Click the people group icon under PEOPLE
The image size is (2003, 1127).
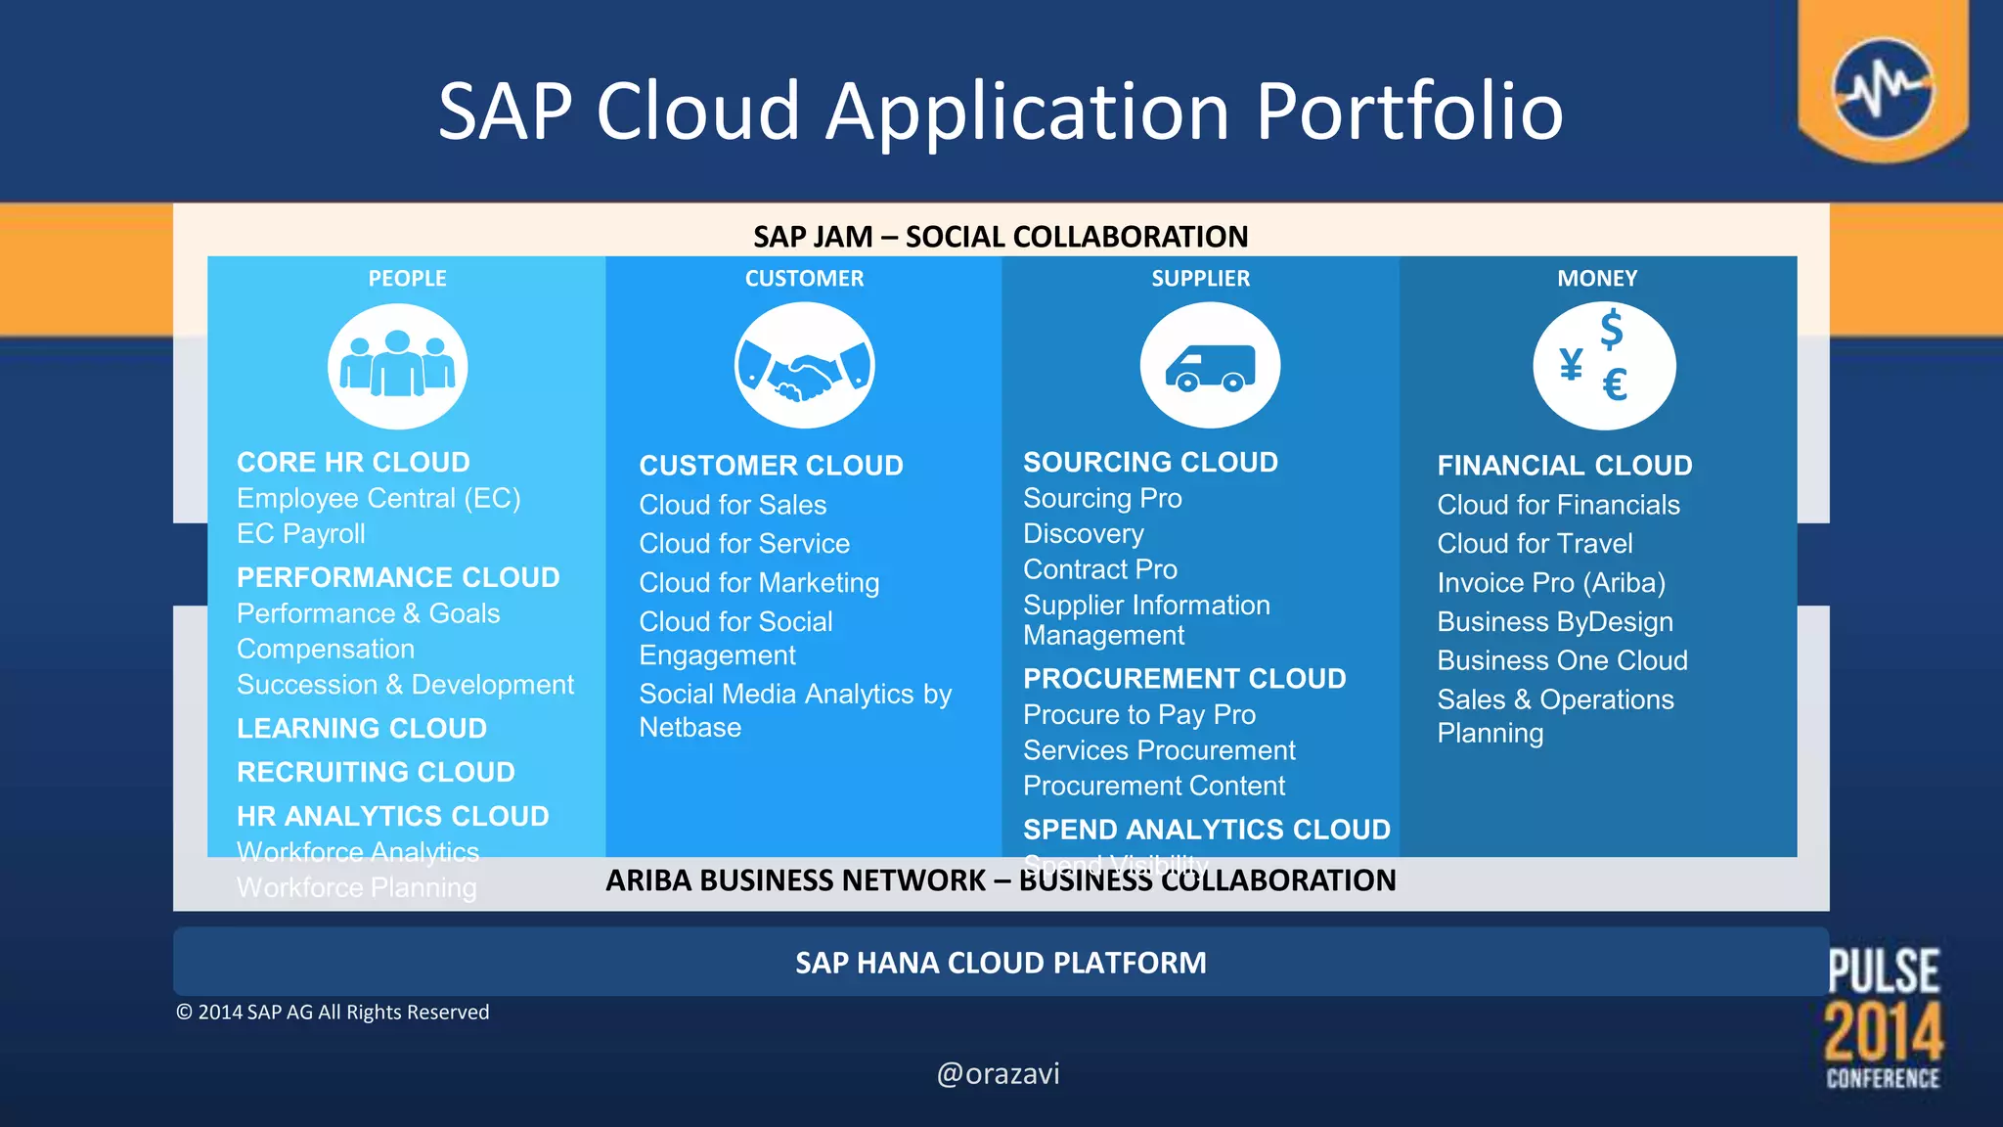[397, 366]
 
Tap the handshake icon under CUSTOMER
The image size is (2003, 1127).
[804, 366]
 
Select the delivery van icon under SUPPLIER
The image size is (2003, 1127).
[1210, 366]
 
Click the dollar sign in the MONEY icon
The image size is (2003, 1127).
[1611, 329]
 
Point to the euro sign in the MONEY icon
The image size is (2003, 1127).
[1615, 384]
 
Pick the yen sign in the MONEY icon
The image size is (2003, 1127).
[1571, 364]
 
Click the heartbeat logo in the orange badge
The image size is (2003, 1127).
[1883, 88]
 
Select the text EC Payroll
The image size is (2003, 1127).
[301, 534]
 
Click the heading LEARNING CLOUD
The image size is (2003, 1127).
[362, 729]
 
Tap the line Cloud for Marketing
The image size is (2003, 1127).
[759, 583]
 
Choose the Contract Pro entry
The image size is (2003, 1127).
[1100, 569]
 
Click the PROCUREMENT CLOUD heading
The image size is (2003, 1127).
[1184, 678]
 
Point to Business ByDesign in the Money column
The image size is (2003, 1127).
[1555, 622]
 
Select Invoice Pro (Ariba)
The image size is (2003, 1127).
[1551, 583]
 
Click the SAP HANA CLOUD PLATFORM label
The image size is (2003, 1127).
[1001, 963]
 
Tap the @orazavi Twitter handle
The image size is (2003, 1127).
[999, 1074]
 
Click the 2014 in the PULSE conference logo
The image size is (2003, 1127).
[1884, 1031]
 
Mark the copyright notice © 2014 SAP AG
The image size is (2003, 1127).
[333, 1013]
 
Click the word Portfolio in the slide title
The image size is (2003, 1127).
[1409, 112]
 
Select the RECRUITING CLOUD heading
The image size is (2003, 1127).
[376, 773]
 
